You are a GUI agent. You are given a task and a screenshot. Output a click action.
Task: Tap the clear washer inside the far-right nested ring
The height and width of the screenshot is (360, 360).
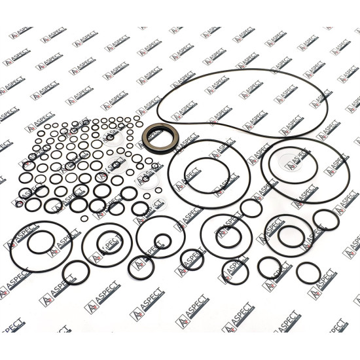pos(291,162)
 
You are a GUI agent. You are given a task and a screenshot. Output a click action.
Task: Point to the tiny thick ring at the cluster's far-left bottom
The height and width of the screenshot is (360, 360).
pos(19,204)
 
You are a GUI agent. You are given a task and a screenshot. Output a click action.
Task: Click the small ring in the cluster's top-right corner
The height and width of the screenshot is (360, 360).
pos(137,118)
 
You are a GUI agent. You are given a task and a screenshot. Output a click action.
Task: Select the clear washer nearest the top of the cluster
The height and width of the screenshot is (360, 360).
pos(113,137)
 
